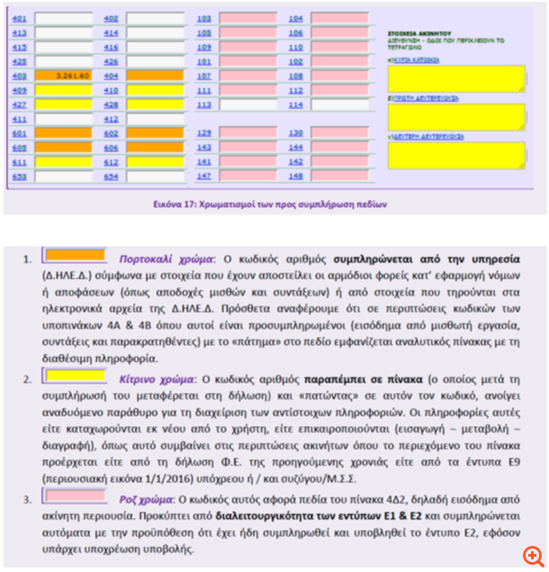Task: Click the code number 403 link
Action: click(19, 76)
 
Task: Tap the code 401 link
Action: click(19, 18)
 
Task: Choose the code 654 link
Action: click(111, 177)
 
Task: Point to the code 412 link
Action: click(111, 119)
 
